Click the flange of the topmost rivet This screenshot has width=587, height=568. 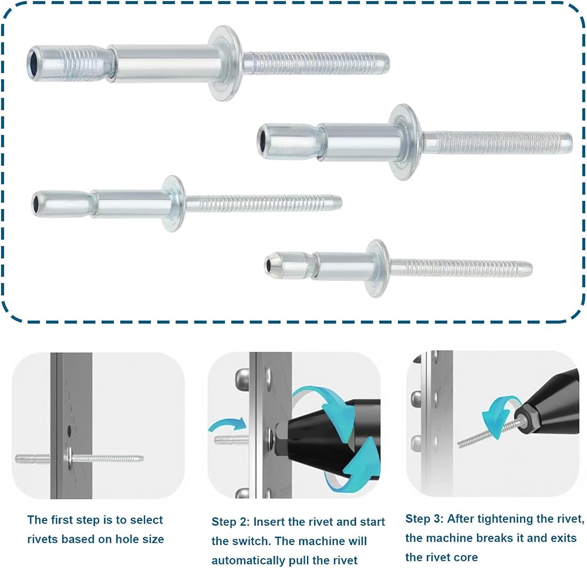coord(224,63)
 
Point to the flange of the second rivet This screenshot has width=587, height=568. coord(405,142)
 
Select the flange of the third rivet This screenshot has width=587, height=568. coord(173,203)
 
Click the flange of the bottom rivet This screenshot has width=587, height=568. coord(378,268)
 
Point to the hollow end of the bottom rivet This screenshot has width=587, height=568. coord(269,265)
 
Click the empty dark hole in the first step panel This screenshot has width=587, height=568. coord(69,431)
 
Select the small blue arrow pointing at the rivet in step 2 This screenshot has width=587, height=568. coord(227,425)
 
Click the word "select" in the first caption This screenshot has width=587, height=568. coord(147,520)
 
